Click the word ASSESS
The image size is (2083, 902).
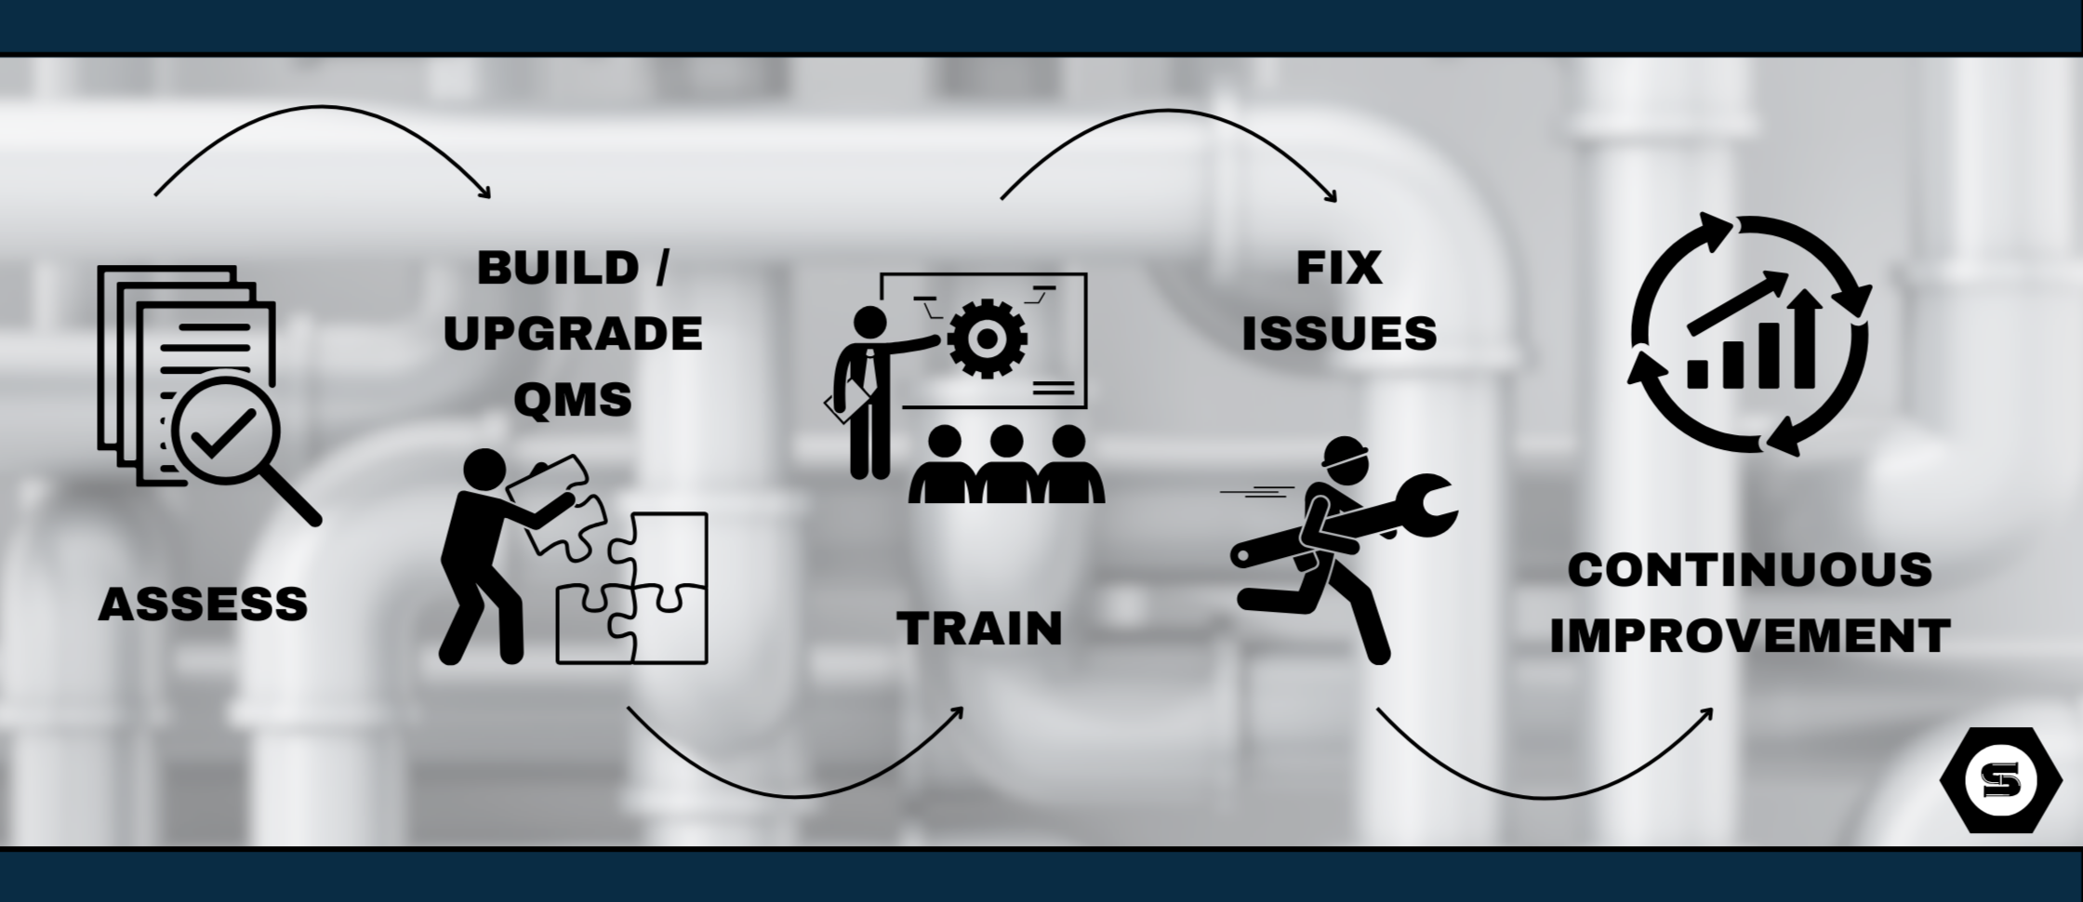point(203,604)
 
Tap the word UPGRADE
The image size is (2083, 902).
point(573,334)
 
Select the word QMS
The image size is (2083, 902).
point(573,400)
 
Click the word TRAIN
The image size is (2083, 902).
point(980,629)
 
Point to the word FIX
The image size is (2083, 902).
point(1339,268)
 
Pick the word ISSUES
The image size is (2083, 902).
point(1339,334)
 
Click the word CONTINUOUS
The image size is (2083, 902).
point(1750,569)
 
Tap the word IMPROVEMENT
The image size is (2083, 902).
point(1750,636)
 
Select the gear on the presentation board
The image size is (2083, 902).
point(988,337)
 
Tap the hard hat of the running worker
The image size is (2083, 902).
point(1346,453)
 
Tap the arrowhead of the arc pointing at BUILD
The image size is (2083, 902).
point(484,192)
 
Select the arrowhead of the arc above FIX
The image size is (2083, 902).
point(1332,196)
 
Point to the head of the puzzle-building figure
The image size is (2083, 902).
point(484,470)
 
